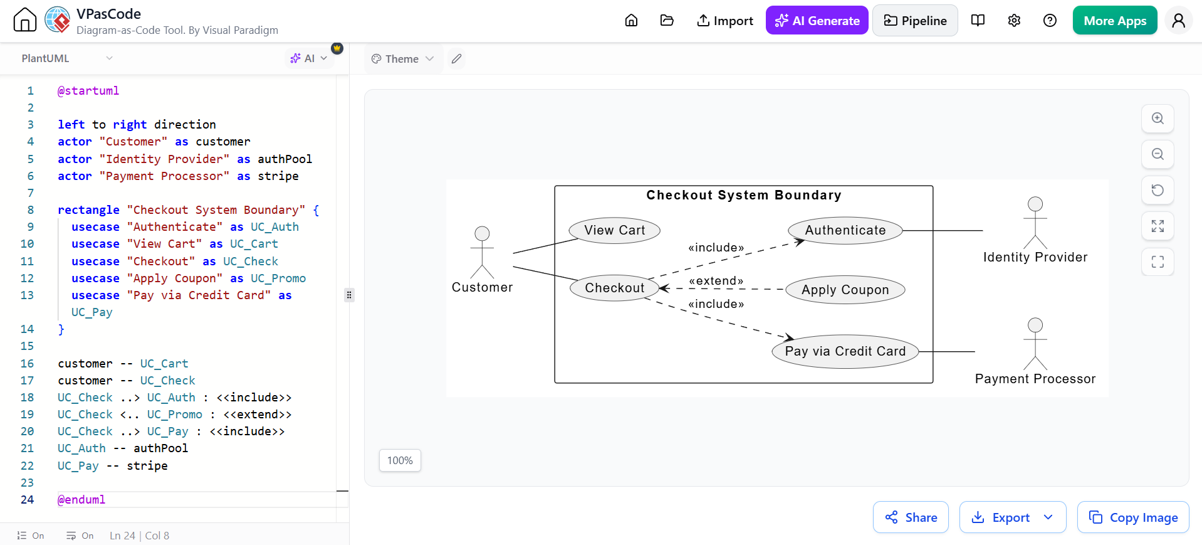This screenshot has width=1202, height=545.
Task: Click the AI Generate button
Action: point(817,21)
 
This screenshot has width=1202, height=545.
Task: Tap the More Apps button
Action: point(1115,21)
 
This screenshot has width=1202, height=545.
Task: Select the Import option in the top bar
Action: point(724,21)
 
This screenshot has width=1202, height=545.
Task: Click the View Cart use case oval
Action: point(615,230)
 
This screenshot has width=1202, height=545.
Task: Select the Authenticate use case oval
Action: point(845,230)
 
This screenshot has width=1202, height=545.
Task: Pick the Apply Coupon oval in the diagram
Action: point(845,290)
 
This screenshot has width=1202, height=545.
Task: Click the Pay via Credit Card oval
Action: point(845,351)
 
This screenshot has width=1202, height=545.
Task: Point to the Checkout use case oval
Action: point(614,288)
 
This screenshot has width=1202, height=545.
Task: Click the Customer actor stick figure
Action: point(482,252)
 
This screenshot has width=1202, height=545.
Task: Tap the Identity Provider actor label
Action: point(1035,257)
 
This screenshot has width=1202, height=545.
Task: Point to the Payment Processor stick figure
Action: point(1035,344)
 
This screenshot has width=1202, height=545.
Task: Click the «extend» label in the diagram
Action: point(716,281)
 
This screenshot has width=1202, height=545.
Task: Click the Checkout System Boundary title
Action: point(744,195)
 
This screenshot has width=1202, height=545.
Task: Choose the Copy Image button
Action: point(1133,517)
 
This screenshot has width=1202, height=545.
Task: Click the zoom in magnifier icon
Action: point(1158,119)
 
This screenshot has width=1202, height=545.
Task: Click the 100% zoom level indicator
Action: point(400,460)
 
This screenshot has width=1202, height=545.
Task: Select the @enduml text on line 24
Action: point(81,500)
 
